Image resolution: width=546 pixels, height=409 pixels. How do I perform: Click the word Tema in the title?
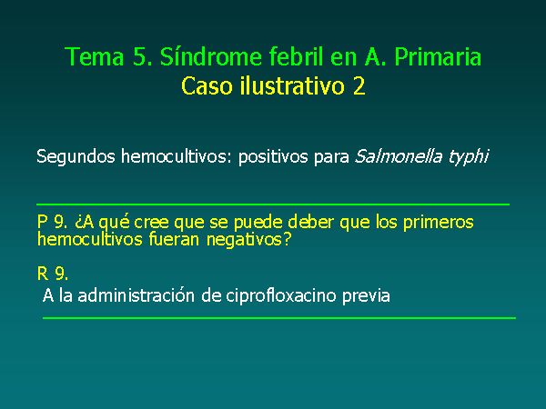pos(95,56)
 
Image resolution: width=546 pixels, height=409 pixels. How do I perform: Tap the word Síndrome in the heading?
pos(211,56)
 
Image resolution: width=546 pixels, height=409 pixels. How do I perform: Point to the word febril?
pos(296,55)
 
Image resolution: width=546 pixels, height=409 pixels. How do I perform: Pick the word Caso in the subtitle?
pos(207,86)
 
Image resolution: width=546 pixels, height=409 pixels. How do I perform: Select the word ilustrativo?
pos(292,85)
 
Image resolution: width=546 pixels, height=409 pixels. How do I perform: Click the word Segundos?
pos(76,156)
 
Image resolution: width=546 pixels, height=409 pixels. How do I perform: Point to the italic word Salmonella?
pos(399,156)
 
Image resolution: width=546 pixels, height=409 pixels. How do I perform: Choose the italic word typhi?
pos(469,157)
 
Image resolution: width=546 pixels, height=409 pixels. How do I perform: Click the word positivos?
pos(273,157)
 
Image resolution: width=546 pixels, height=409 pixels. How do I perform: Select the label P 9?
pos(52,222)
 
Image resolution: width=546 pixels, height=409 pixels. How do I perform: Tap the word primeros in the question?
pos(439,223)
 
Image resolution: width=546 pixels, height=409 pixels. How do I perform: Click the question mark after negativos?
pos(288,239)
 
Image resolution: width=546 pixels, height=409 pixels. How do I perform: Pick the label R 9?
pos(53,274)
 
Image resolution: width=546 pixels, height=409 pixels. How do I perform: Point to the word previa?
pos(366,296)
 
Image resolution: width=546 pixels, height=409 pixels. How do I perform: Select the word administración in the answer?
pos(136,295)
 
